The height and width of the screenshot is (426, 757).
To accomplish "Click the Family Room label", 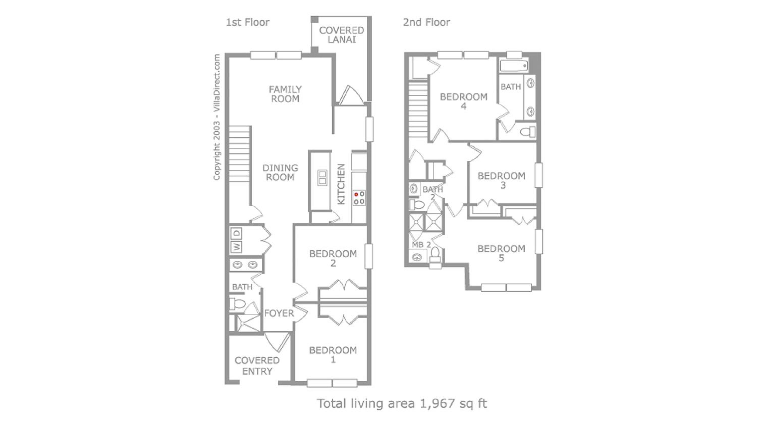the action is pos(285,94).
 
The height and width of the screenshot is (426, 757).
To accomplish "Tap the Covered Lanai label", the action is pos(341,35).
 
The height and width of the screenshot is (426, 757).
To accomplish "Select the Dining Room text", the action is pos(280,172).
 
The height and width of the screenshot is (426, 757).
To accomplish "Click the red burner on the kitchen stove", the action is pos(356,194).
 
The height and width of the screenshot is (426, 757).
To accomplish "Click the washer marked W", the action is pos(236,247).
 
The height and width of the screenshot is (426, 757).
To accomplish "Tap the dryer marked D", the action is pos(236,234).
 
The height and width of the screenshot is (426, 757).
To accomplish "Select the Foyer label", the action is pos(279,313).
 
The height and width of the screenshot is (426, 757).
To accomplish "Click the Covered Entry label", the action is pos(257,366).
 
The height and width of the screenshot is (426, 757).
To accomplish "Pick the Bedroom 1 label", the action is pos(333,355).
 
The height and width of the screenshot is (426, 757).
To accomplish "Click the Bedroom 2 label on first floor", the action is pos(333,258).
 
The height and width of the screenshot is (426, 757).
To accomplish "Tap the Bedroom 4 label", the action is pos(464,101).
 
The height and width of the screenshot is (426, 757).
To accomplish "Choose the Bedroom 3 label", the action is pos(501,180).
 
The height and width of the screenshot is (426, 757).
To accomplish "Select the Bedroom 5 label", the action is pos(501,253).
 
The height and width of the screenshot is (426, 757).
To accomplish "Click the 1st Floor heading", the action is pos(248,22).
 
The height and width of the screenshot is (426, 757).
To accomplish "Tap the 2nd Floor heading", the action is pos(426,22).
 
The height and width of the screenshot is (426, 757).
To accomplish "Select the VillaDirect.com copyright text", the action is pos(217,117).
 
